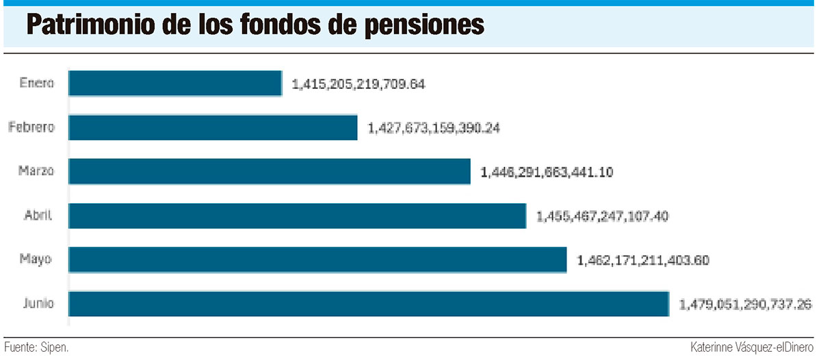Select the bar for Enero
[175, 83]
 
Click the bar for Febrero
[213, 127]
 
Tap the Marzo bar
[270, 171]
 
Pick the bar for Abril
[297, 216]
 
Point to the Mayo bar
[317, 260]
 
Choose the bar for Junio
[369, 304]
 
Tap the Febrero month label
[31, 127]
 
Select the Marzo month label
[36, 171]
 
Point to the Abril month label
[38, 216]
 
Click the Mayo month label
[37, 260]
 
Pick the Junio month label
[37, 304]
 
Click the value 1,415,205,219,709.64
[359, 84]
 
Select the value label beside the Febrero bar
[434, 128]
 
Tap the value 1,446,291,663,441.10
[547, 172]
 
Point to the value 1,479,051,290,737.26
[746, 305]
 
